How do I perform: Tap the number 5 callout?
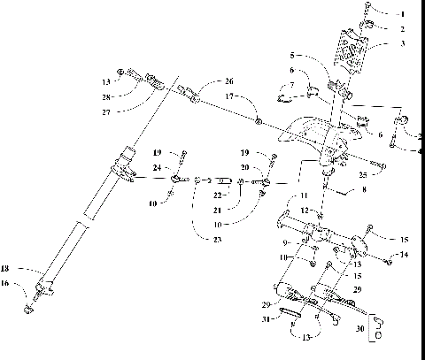[293, 56]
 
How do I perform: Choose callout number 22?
[217, 195]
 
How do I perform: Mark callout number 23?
[218, 240]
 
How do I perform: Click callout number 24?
[156, 166]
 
